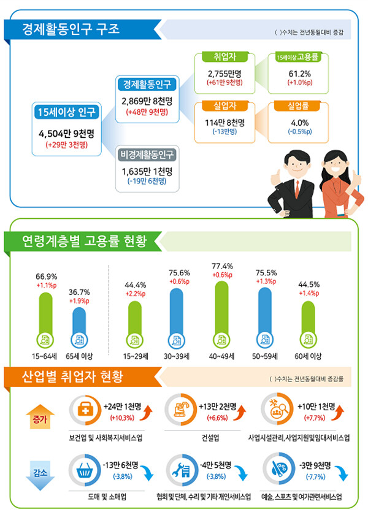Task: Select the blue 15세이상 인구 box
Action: [67, 112]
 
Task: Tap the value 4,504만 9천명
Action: [66, 134]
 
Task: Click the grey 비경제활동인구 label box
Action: [148, 154]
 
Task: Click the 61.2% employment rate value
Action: [300, 74]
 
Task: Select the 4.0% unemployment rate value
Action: [300, 122]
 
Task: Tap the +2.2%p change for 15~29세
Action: [135, 294]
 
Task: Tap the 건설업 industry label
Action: [210, 438]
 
